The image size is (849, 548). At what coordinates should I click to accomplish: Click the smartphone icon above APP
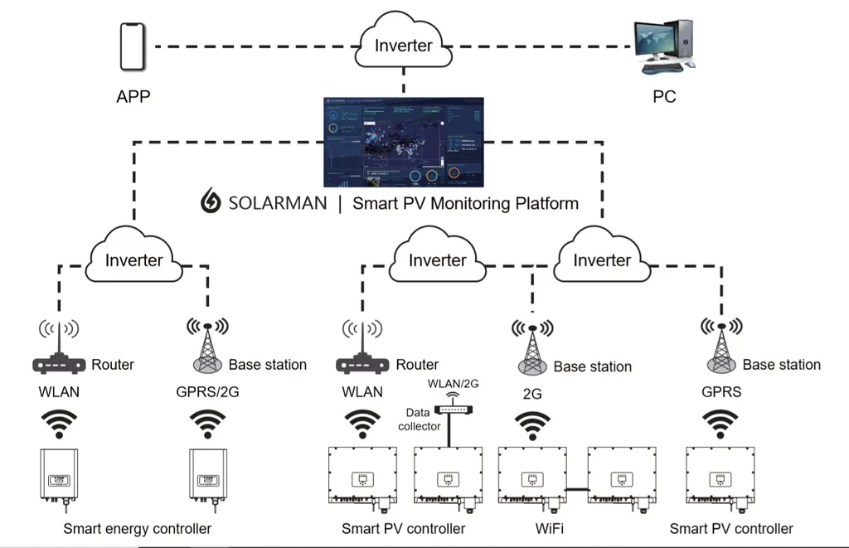pyautogui.click(x=133, y=46)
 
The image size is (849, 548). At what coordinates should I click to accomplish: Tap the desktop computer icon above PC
pyautogui.click(x=663, y=46)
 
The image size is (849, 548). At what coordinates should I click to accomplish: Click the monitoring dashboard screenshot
pyautogui.click(x=404, y=142)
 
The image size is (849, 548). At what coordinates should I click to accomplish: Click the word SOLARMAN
pyautogui.click(x=276, y=203)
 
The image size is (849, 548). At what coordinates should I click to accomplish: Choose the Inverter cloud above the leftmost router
pyautogui.click(x=133, y=259)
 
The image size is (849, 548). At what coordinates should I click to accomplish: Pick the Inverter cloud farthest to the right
pyautogui.click(x=602, y=259)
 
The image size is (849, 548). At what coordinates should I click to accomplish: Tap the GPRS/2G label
pyautogui.click(x=208, y=392)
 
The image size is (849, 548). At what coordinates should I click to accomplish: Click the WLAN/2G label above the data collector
pyautogui.click(x=453, y=383)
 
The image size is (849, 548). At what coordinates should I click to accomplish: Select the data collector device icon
pyautogui.click(x=453, y=408)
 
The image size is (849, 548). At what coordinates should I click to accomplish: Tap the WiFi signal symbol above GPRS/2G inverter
pyautogui.click(x=207, y=424)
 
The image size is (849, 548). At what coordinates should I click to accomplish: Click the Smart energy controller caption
pyautogui.click(x=137, y=528)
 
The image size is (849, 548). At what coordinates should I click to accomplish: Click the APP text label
pyautogui.click(x=133, y=96)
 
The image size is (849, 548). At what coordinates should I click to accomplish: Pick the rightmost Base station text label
pyautogui.click(x=781, y=365)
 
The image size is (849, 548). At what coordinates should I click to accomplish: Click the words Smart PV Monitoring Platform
pyautogui.click(x=465, y=203)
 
